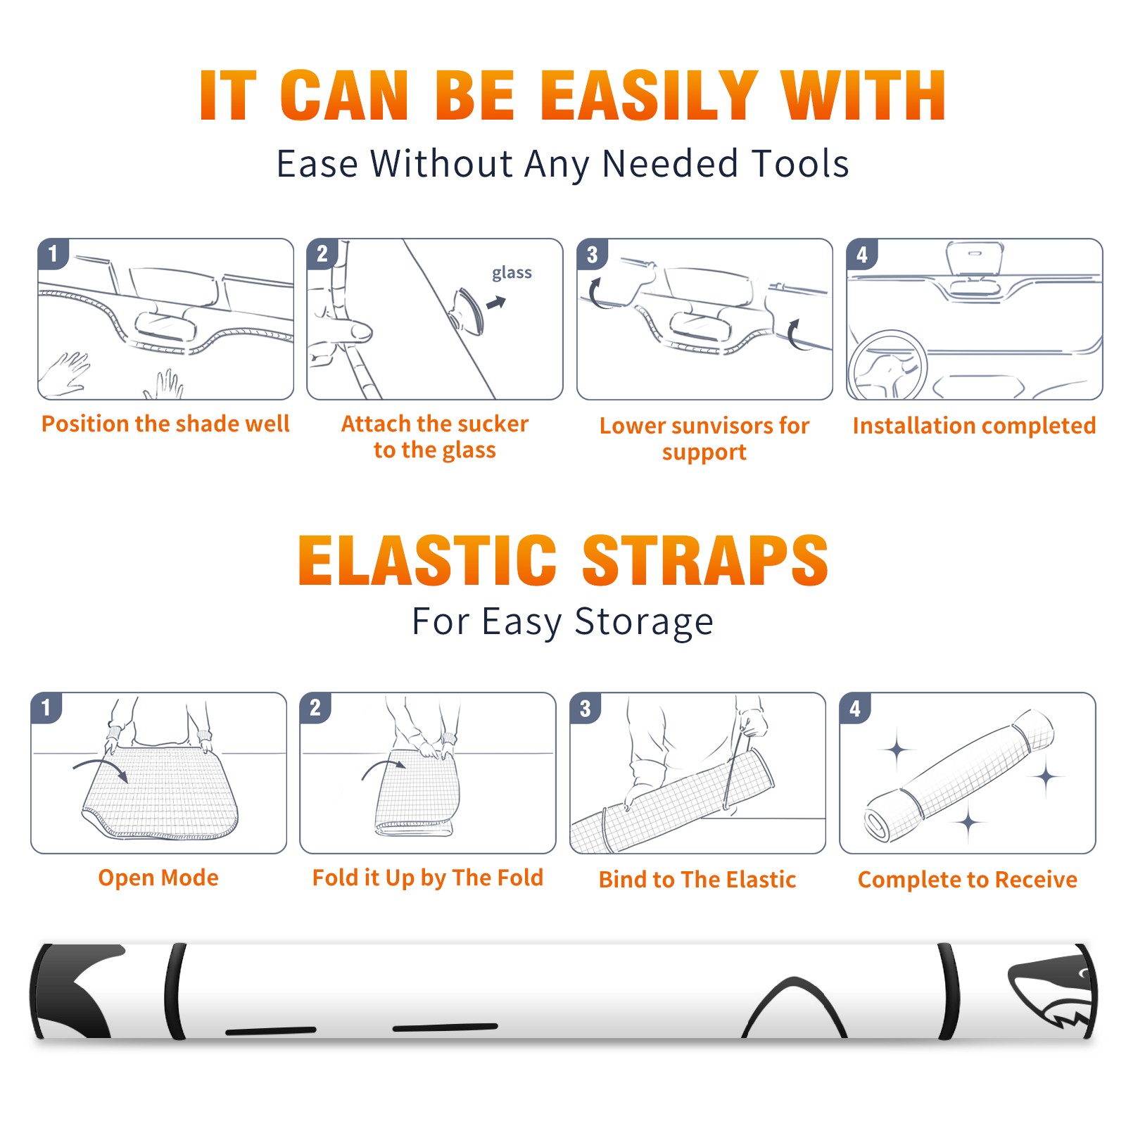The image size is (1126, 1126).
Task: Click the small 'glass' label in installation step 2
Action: [512, 273]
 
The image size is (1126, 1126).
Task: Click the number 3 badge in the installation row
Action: [592, 254]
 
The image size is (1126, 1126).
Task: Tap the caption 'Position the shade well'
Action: [165, 424]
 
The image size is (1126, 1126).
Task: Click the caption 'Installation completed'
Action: [974, 425]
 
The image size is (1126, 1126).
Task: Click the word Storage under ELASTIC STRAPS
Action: [644, 622]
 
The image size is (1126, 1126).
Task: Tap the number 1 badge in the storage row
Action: [46, 707]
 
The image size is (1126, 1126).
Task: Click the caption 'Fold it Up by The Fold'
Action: [428, 878]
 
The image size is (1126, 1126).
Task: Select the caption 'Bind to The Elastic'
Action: [697, 879]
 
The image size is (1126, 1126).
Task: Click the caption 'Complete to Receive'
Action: [968, 879]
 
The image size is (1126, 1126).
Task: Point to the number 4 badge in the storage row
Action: [855, 708]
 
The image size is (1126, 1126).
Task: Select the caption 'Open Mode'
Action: [158, 878]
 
